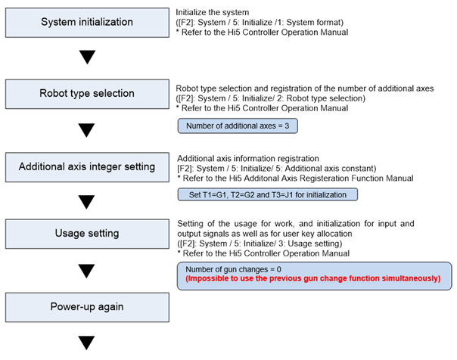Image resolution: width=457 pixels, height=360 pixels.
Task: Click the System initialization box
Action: click(87, 23)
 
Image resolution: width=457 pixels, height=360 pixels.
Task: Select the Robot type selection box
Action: click(87, 94)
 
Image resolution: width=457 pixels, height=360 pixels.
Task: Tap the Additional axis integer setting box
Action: click(87, 167)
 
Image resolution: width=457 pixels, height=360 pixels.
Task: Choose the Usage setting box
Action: click(87, 234)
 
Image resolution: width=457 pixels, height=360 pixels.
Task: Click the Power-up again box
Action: click(87, 307)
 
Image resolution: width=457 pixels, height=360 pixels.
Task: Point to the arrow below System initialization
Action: click(88, 57)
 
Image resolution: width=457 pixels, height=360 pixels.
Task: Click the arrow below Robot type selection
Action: click(86, 130)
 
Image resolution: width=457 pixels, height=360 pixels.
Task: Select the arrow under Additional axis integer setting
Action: click(86, 202)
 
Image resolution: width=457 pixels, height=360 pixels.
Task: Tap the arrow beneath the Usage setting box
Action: click(86, 271)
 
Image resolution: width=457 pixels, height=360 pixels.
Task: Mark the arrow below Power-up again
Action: click(86, 343)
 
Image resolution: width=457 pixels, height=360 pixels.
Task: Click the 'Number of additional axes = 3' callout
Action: click(238, 126)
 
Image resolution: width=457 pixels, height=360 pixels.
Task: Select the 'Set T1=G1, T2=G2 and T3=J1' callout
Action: click(268, 194)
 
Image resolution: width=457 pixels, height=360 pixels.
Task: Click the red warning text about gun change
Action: click(313, 278)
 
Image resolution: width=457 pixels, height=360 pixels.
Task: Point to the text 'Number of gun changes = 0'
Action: click(234, 269)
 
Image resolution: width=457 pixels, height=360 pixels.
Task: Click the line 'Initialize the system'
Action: click(212, 13)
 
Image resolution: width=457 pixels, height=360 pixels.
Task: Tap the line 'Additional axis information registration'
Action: click(248, 159)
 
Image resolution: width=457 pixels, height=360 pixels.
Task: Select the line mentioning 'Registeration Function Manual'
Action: click(296, 178)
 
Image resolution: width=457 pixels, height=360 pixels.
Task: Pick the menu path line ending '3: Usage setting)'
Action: click(260, 244)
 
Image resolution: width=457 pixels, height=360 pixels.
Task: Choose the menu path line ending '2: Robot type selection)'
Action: click(270, 98)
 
